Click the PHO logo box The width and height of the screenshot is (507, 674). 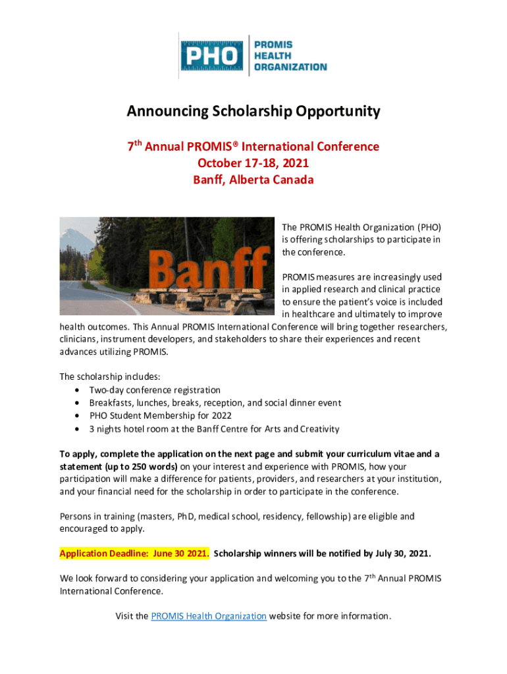[213, 57]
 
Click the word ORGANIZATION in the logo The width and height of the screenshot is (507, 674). [290, 66]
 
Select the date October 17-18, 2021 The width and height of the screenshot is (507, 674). [253, 163]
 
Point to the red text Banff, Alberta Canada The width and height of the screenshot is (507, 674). [253, 179]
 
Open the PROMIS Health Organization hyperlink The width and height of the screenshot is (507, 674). [208, 616]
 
